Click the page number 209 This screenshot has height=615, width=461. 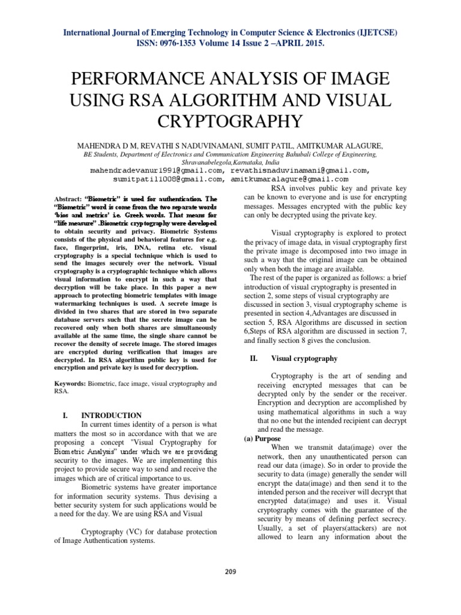click(230, 571)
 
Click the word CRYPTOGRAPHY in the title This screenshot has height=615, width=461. click(230, 122)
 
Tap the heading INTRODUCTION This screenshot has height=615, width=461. click(111, 416)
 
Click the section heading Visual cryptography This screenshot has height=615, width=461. click(304, 359)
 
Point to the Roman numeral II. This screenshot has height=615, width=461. click(253, 359)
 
